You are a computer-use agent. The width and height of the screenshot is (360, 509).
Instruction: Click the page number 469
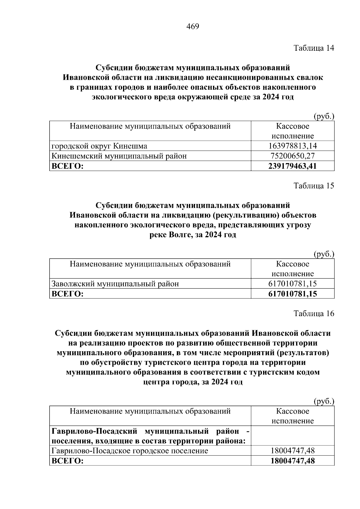click(193, 27)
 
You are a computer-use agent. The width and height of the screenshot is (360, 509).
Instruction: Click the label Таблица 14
click(314, 48)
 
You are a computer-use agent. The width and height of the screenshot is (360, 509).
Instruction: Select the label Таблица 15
click(314, 186)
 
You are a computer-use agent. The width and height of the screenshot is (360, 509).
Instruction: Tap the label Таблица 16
click(314, 313)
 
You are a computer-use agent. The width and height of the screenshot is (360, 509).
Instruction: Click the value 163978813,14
click(292, 146)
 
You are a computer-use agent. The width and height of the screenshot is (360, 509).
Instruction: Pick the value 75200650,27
click(292, 156)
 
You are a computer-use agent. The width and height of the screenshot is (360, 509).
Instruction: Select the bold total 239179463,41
click(292, 166)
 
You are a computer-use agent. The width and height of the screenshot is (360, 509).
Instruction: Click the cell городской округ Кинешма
click(100, 146)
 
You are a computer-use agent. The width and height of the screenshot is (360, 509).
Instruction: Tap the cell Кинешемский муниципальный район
click(119, 156)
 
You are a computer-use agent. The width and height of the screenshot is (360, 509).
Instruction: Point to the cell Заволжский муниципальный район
click(115, 283)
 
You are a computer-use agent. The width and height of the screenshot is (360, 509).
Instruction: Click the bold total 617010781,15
click(292, 294)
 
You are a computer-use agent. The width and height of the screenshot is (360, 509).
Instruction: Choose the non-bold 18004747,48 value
click(292, 451)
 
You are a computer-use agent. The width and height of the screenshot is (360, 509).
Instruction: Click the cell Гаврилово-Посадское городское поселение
click(130, 451)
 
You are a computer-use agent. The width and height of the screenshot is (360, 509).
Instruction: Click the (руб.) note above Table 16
click(324, 401)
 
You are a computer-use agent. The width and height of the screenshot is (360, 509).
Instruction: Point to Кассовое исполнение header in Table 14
click(292, 131)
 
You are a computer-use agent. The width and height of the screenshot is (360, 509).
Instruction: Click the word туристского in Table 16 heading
click(164, 363)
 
